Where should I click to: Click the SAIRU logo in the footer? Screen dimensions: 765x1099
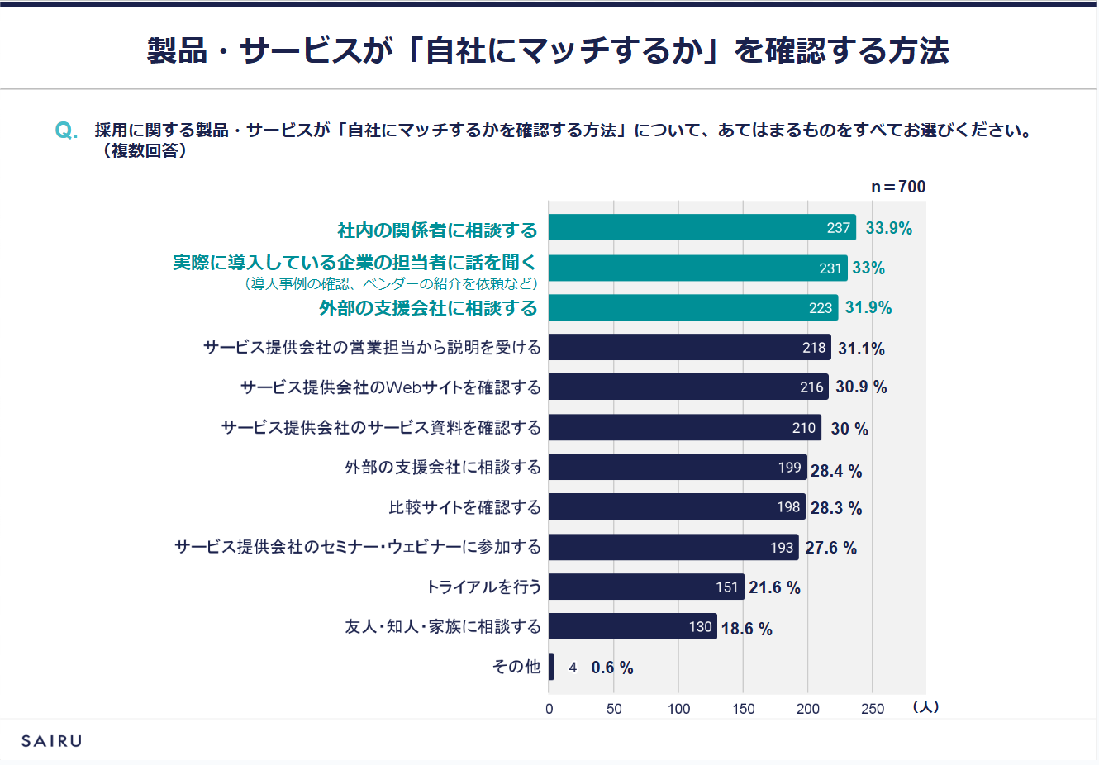pyautogui.click(x=52, y=741)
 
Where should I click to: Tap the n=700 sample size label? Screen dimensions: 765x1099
pyautogui.click(x=898, y=187)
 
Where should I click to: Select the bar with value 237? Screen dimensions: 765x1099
pyautogui.click(x=702, y=227)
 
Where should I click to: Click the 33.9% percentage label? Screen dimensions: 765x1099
pyautogui.click(x=888, y=228)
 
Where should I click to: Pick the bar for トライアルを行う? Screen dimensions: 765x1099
pyautogui.click(x=646, y=587)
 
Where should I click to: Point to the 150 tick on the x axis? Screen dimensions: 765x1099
pyautogui.click(x=743, y=709)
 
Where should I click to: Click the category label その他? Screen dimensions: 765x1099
pyautogui.click(x=516, y=667)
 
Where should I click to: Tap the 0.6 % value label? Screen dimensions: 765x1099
pyautogui.click(x=612, y=668)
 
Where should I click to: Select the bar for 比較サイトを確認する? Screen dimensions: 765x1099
pyautogui.click(x=677, y=506)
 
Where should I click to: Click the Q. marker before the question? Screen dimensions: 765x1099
pyautogui.click(x=66, y=131)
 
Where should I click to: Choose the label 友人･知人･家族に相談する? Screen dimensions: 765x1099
pyautogui.click(x=443, y=626)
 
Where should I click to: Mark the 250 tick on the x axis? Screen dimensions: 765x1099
pyautogui.click(x=873, y=709)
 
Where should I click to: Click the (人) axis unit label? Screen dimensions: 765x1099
pyautogui.click(x=925, y=707)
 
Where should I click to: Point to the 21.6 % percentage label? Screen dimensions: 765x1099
pyautogui.click(x=774, y=587)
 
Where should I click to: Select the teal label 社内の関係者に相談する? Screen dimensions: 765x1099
pyautogui.click(x=437, y=230)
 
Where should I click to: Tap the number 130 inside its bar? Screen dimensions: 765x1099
pyautogui.click(x=700, y=627)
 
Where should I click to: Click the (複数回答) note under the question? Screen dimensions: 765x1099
pyautogui.click(x=145, y=151)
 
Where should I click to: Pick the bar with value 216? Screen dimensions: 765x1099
pyautogui.click(x=688, y=387)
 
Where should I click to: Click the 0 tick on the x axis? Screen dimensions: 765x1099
pyautogui.click(x=549, y=709)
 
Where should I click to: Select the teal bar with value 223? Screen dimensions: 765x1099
pyautogui.click(x=693, y=307)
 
